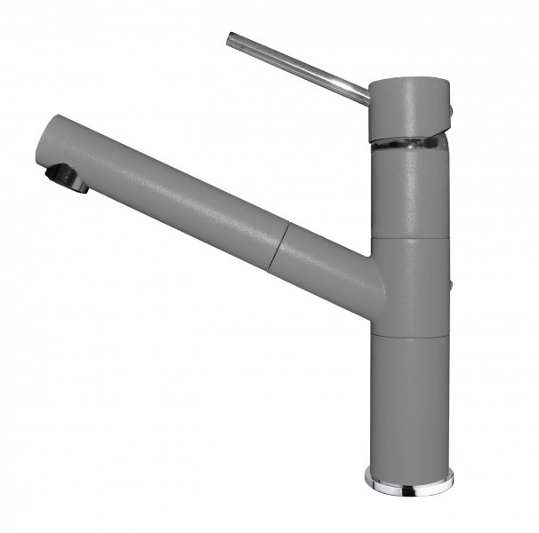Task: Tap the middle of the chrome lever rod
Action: [x=298, y=67]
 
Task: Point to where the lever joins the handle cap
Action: [x=367, y=95]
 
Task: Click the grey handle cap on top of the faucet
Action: [x=409, y=107]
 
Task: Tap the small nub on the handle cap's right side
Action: [x=450, y=108]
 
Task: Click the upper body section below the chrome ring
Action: [x=410, y=191]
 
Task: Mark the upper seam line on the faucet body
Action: [x=410, y=238]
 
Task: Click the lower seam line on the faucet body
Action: [x=410, y=335]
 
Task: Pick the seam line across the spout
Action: [x=278, y=243]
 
